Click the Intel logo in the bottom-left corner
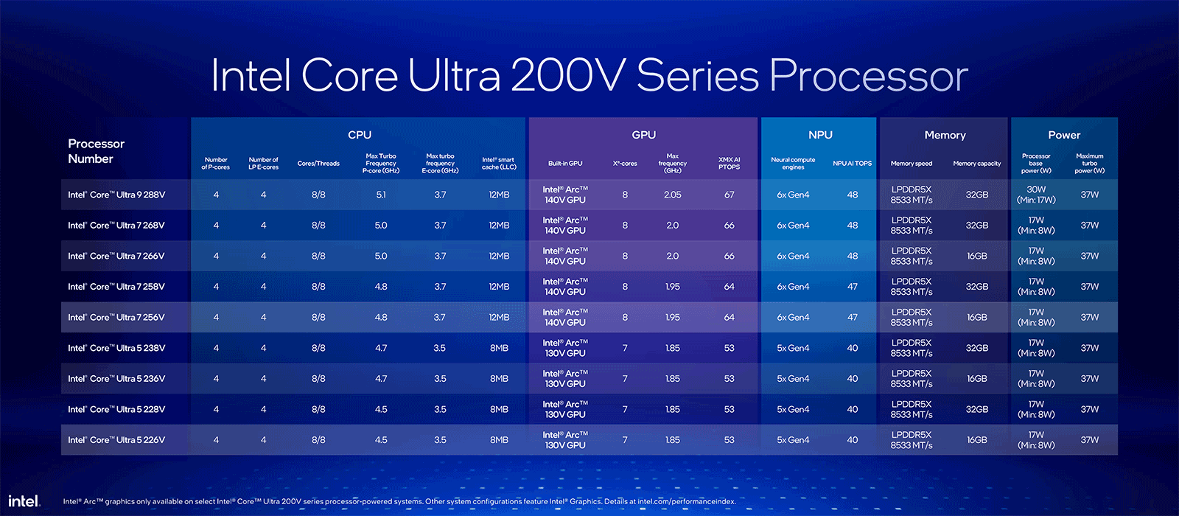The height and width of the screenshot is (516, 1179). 24,501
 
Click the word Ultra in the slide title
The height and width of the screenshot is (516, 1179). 455,76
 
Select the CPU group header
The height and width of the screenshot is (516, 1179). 360,135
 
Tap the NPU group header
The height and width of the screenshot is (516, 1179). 820,135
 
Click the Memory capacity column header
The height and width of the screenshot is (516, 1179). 976,164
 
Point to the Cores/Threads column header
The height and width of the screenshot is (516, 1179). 318,164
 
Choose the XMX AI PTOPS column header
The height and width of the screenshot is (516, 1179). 729,164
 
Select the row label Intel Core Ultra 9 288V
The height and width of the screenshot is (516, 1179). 116,195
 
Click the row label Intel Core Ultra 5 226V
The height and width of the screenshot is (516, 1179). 116,440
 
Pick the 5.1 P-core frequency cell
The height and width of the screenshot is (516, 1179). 381,195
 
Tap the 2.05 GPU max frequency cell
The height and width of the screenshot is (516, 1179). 672,195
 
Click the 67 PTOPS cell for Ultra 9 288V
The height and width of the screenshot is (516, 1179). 729,195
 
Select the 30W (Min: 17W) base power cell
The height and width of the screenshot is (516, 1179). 1036,195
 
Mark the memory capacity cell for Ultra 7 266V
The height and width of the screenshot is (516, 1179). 976,257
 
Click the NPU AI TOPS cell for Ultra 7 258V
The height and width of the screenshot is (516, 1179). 852,287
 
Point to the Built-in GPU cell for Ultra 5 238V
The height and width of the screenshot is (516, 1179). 565,348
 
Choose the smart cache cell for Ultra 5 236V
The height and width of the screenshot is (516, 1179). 499,379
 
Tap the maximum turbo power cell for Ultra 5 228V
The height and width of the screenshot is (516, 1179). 1089,410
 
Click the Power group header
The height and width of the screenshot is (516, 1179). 1064,135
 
